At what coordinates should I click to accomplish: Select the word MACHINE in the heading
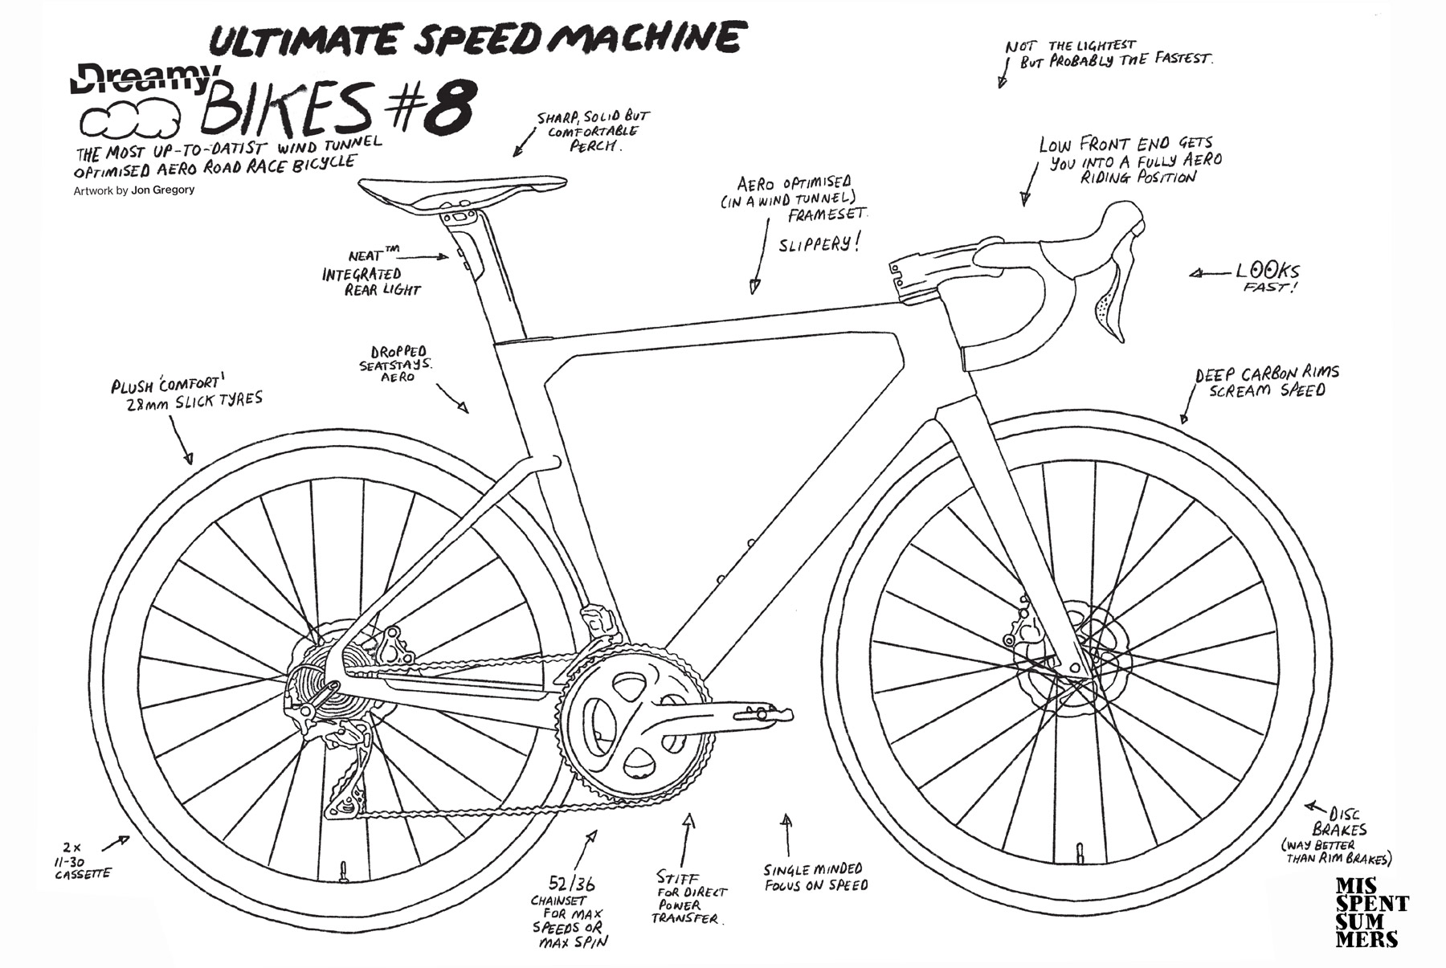click(647, 38)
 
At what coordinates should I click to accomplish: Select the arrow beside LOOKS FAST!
click(1208, 274)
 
